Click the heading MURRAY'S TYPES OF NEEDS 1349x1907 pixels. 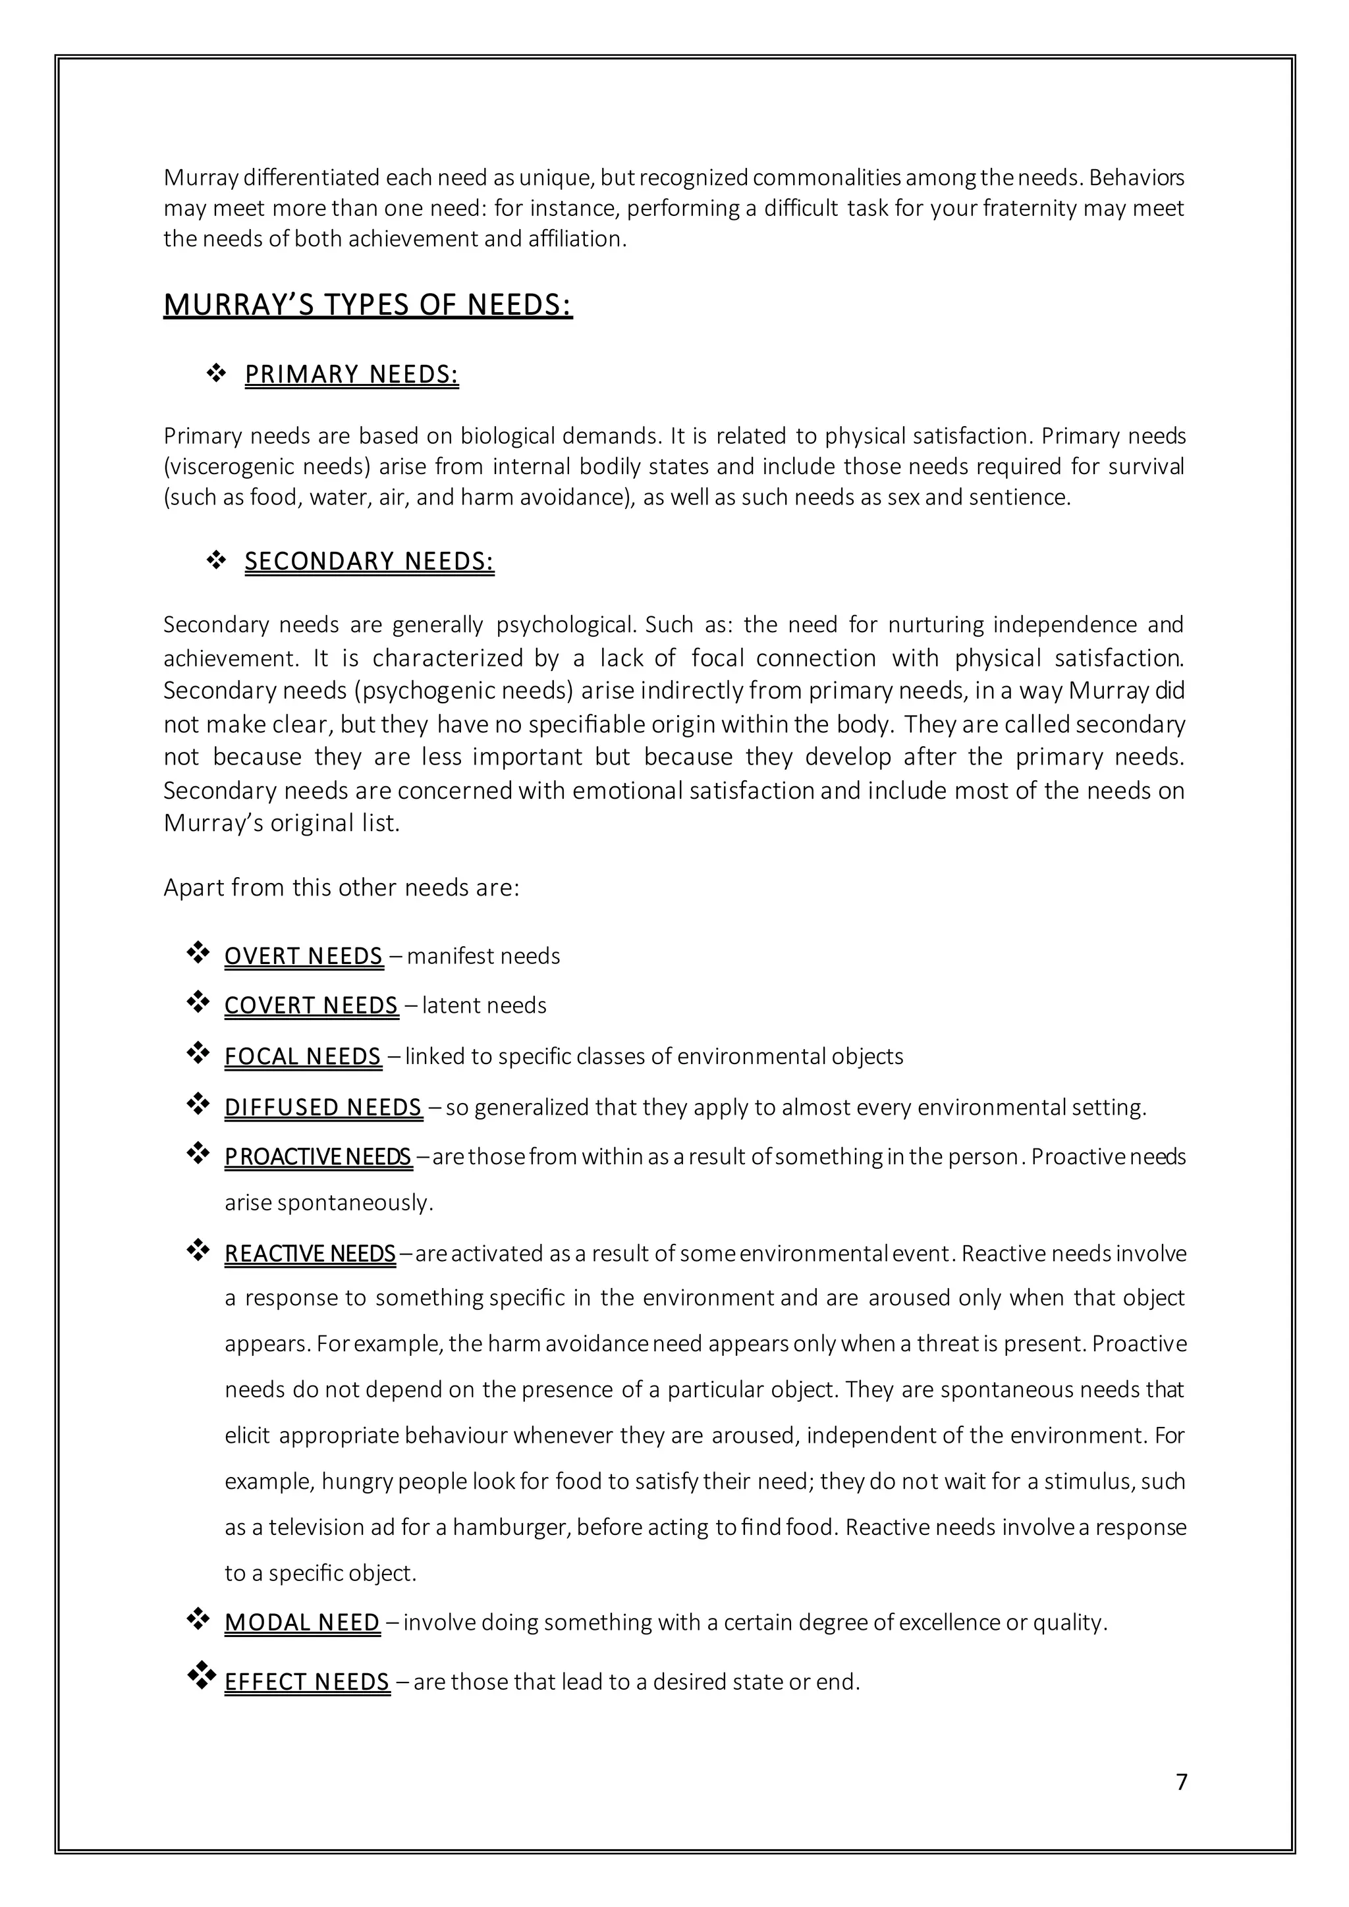tap(368, 305)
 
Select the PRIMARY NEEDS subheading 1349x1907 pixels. tap(351, 375)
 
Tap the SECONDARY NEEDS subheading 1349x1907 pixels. tap(369, 562)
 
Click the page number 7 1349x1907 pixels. tap(1181, 1782)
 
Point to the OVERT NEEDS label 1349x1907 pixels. tap(303, 956)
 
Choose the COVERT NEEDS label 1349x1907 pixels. tap(311, 1005)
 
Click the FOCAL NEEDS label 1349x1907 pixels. tap(302, 1056)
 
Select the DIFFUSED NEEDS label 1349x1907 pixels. tap(323, 1107)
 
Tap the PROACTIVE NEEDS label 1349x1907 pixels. tap(317, 1156)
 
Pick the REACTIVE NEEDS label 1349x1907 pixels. tap(310, 1253)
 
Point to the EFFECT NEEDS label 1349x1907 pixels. tap(306, 1682)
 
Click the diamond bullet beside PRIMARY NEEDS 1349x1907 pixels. tap(216, 374)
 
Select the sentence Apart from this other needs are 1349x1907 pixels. tap(341, 888)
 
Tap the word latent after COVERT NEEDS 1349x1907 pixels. tap(441, 1005)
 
